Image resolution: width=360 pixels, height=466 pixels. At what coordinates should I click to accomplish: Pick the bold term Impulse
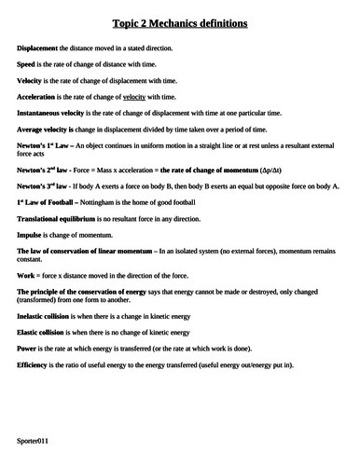(31, 235)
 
